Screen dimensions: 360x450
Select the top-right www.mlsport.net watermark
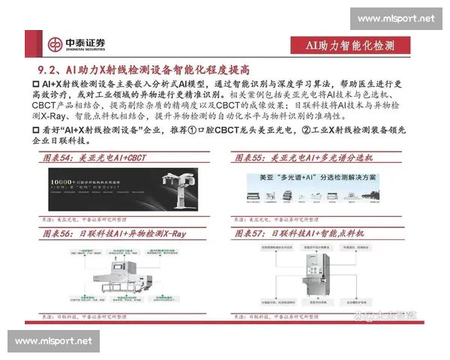(x=395, y=18)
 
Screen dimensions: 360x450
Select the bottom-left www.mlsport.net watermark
(x=54, y=341)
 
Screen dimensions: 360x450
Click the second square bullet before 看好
(x=36, y=130)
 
